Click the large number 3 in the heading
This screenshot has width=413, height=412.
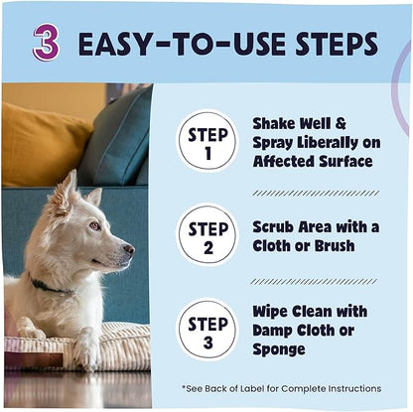[46, 43]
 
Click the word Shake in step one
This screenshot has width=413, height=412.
[273, 123]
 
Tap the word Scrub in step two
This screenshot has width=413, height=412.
[273, 226]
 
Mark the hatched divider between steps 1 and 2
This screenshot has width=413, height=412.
[315, 193]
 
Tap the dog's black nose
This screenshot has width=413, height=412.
[129, 250]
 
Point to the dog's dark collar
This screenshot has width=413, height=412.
[48, 286]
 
